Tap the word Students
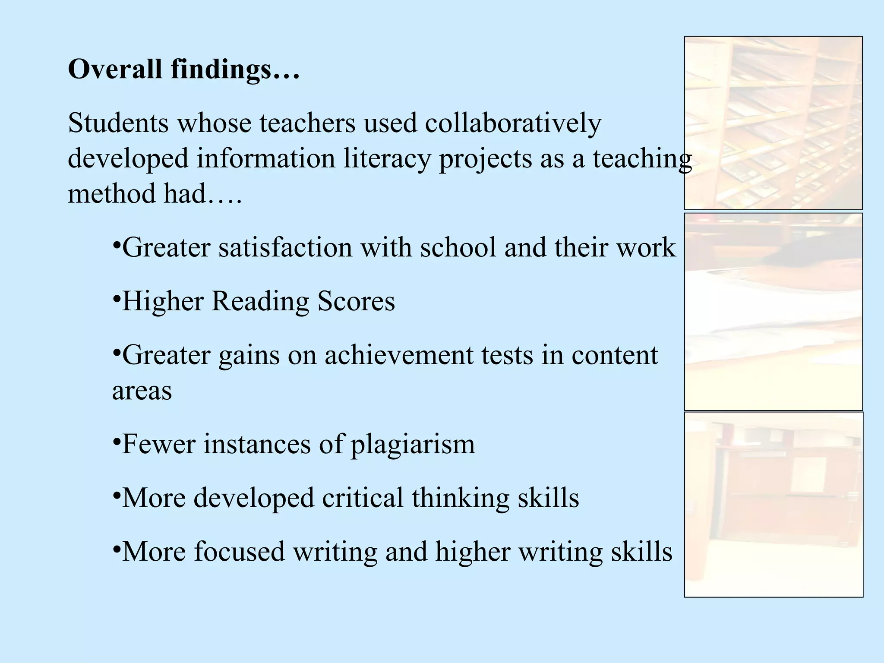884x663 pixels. (118, 123)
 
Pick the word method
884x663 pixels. (111, 193)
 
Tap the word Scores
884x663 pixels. (356, 301)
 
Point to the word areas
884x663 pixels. (142, 391)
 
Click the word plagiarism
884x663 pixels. (413, 445)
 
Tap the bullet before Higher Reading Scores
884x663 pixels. (116, 298)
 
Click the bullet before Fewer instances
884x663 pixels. (116, 441)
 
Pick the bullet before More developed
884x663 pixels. (116, 495)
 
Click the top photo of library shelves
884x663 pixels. (773, 123)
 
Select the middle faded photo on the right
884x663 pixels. (773, 311)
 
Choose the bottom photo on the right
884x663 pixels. (773, 505)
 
